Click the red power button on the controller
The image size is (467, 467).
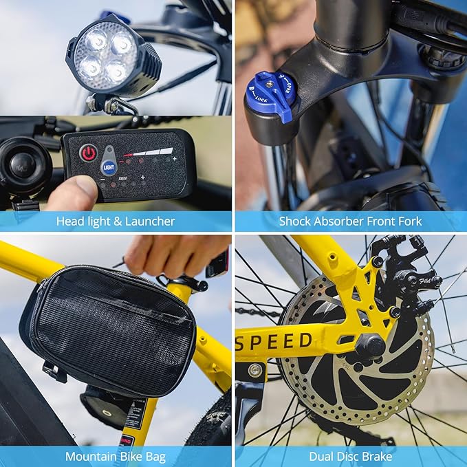[88, 153]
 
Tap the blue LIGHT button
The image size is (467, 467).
[109, 167]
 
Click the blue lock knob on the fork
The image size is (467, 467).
[271, 97]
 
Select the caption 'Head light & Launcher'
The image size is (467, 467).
[116, 221]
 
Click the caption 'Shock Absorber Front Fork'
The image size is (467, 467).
[350, 221]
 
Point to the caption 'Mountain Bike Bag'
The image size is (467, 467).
[116, 456]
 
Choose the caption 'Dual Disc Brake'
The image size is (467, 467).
[350, 456]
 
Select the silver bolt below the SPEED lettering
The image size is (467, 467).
[256, 369]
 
